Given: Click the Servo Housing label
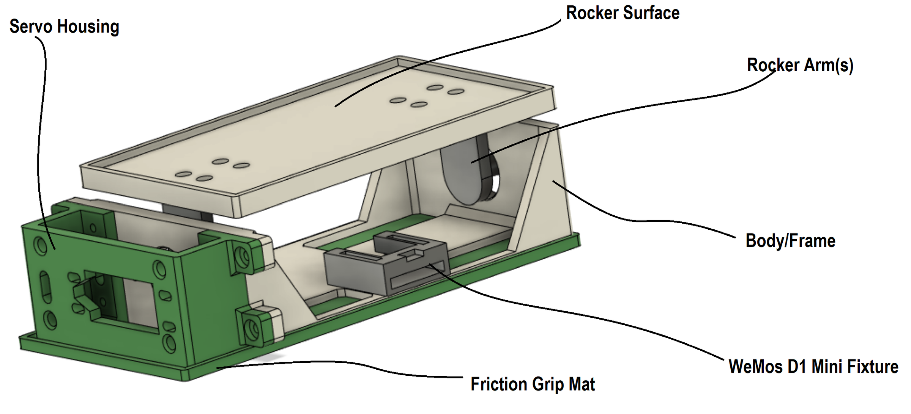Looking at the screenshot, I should point(64,27).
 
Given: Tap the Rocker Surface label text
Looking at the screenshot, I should point(623,13).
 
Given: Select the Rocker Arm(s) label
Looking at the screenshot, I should point(800,65).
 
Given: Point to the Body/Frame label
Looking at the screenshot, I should point(790,241).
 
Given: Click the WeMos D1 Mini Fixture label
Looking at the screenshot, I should point(813,367).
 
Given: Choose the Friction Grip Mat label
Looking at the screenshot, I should point(533,384).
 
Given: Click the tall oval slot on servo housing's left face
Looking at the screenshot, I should point(45,287).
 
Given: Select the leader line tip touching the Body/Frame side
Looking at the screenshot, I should point(553,181).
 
